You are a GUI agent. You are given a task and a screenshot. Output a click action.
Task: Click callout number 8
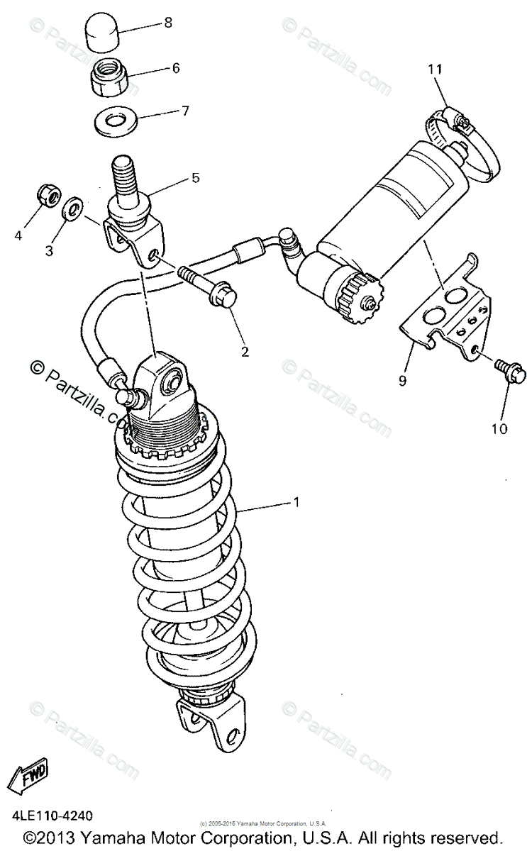[x=168, y=23]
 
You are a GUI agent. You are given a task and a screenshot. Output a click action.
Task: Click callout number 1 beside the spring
[x=296, y=502]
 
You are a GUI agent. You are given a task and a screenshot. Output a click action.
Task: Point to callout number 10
[x=499, y=428]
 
